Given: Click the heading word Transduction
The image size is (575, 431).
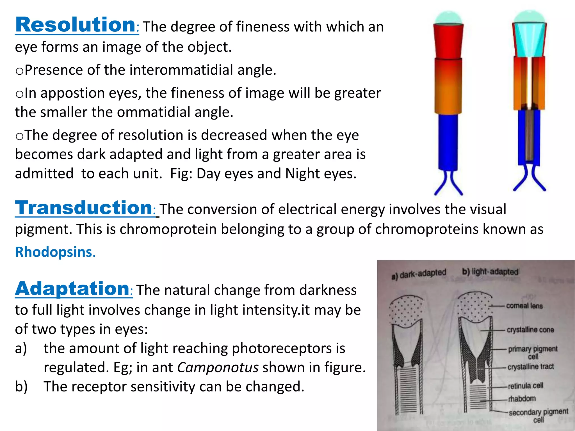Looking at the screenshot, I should (84, 208).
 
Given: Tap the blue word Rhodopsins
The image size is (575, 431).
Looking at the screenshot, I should (54, 252).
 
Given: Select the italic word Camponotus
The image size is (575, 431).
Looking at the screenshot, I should (218, 367).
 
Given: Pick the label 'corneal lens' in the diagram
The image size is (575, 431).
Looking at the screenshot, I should (524, 306).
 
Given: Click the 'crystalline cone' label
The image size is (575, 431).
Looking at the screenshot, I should (530, 330).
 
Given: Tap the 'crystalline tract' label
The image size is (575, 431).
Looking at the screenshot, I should (531, 367).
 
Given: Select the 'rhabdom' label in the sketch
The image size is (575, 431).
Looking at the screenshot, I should (522, 398).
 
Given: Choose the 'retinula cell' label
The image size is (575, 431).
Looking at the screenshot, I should (525, 386).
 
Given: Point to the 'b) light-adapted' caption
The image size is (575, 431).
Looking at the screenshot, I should (490, 272).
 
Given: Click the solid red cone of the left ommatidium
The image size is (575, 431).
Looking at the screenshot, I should (448, 41).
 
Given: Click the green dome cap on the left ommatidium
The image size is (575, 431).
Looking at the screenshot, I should (448, 18).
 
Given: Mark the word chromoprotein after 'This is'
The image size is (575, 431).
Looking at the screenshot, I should (168, 229).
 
